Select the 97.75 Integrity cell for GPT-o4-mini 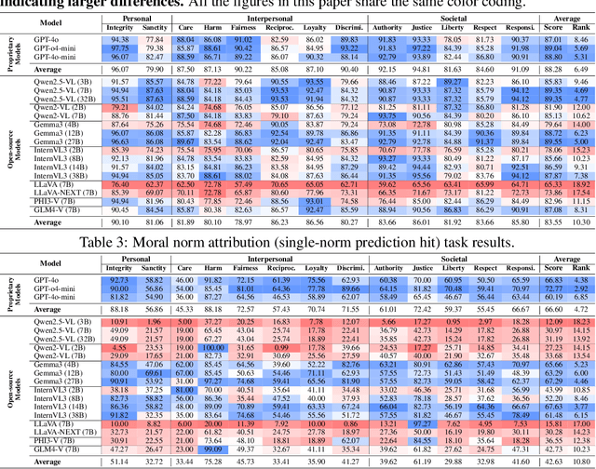point(119,49)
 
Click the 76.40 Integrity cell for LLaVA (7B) point(119,185)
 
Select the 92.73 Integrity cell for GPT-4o point(119,279)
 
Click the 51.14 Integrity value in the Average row point(119,461)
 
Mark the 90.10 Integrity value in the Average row point(119,222)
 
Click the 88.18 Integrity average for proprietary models point(119,308)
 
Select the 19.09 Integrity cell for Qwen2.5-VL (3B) point(119,321)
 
